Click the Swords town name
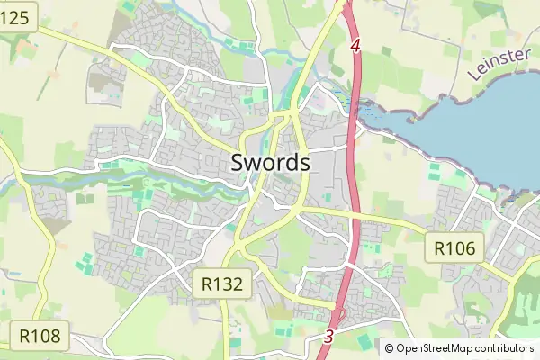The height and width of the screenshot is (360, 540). pyautogui.click(x=270, y=163)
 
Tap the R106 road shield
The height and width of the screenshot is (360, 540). pyautogui.click(x=454, y=247)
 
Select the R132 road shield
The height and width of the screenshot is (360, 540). pyautogui.click(x=221, y=284)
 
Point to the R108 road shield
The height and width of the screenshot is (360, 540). pyautogui.click(x=40, y=337)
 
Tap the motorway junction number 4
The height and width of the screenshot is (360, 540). pyautogui.click(x=355, y=44)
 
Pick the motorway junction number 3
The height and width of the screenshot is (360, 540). pyautogui.click(x=328, y=336)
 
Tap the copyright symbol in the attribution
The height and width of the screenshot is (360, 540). pyautogui.click(x=390, y=347)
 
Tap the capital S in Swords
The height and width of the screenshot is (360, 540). pyautogui.click(x=238, y=163)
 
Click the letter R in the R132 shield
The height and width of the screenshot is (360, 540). pyautogui.click(x=206, y=284)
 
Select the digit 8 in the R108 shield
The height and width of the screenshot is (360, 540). pyautogui.click(x=55, y=337)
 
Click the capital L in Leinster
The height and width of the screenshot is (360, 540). pyautogui.click(x=472, y=78)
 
